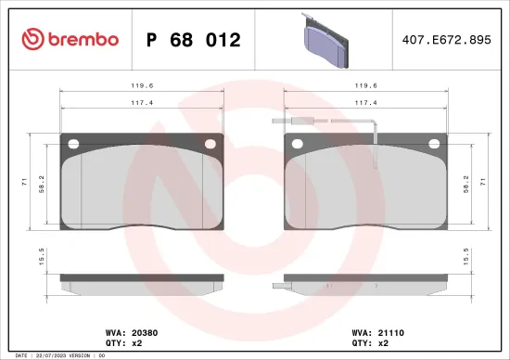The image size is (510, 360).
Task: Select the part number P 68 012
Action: click(x=195, y=40)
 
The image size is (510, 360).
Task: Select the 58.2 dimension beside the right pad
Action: click(x=466, y=186)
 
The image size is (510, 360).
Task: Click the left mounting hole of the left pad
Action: click(x=72, y=143)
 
